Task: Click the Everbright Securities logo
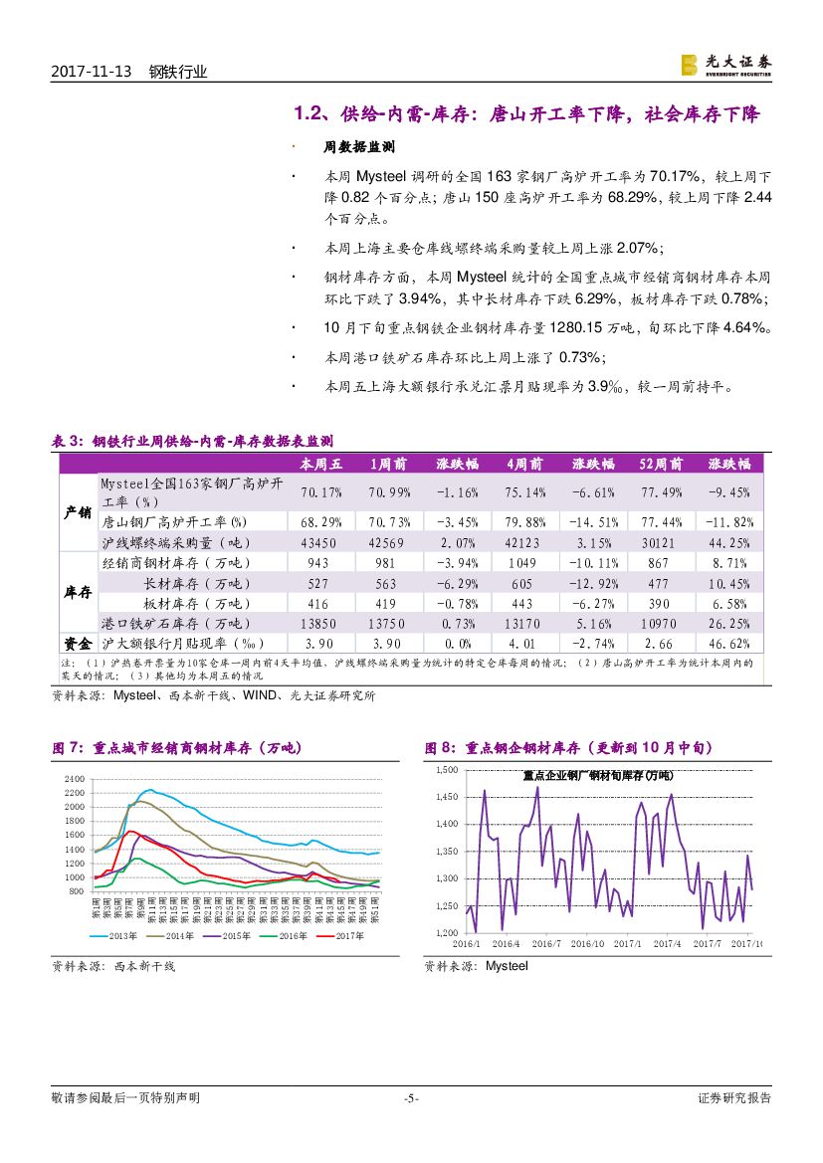coord(725,65)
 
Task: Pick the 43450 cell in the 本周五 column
coord(318,542)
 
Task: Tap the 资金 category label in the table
coord(78,644)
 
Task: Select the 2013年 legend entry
coord(118,935)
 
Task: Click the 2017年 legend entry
coord(339,935)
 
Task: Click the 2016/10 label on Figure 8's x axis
coord(588,943)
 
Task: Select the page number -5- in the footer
coord(411,1098)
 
